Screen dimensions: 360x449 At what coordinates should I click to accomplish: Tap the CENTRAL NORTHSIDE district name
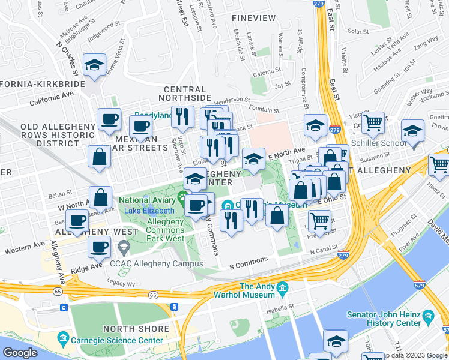click(x=184, y=93)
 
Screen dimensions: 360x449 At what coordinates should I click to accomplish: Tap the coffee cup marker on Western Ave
click(x=99, y=246)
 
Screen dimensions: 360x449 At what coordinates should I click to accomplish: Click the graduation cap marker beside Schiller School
click(x=412, y=131)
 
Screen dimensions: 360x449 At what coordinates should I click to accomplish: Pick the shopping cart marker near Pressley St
click(x=319, y=221)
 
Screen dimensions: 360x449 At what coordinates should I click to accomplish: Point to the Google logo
click(x=20, y=353)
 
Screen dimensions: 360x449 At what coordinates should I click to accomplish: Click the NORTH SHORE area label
click(x=136, y=329)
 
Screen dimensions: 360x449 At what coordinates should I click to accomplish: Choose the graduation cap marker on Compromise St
click(x=315, y=126)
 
